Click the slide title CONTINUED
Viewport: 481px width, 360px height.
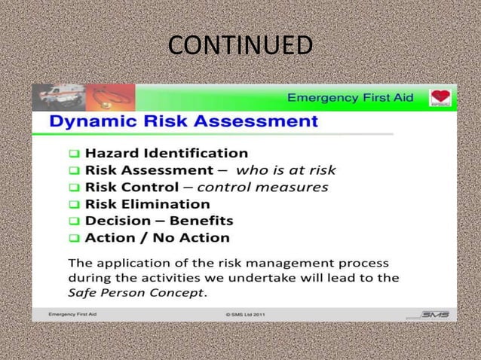coord(240,45)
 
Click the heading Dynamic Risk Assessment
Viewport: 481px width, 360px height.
coord(183,121)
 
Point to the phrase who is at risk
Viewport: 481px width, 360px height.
coord(286,170)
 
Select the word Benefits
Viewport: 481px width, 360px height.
coord(201,221)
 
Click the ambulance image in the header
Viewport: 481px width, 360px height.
coord(59,97)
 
